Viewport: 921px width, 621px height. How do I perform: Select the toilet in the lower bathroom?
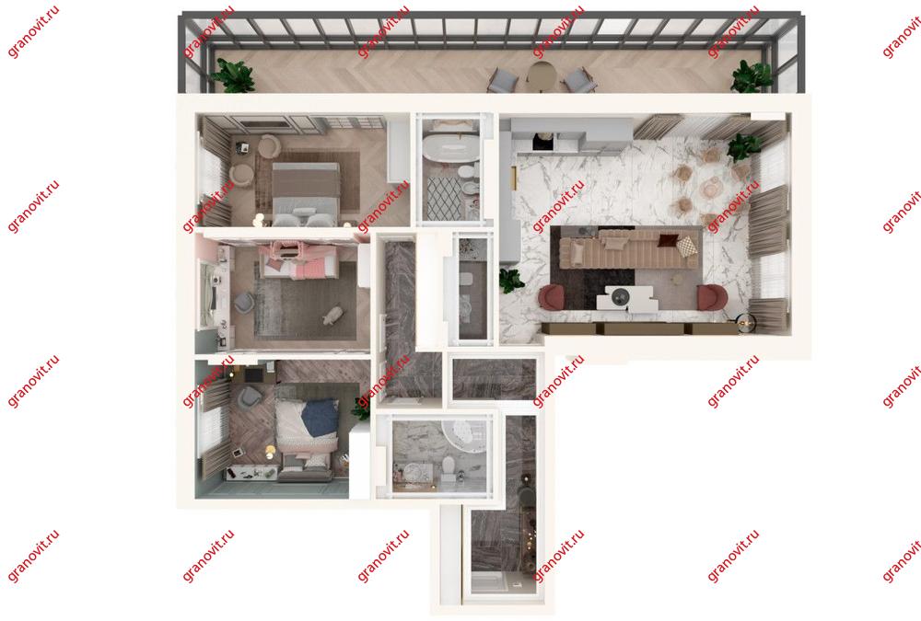[449, 466]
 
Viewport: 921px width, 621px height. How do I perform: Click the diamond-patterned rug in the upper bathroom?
[445, 198]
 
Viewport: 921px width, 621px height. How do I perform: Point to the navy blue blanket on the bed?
[321, 418]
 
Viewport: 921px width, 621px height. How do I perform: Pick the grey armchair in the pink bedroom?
[244, 303]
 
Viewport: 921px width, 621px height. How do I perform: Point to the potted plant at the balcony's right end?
[751, 76]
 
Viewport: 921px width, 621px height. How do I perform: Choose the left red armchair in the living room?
[552, 296]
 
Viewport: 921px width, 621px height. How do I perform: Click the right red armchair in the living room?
[712, 296]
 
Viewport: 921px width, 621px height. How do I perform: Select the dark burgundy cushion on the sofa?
[667, 240]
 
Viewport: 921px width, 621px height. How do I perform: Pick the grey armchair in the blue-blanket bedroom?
[249, 396]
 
